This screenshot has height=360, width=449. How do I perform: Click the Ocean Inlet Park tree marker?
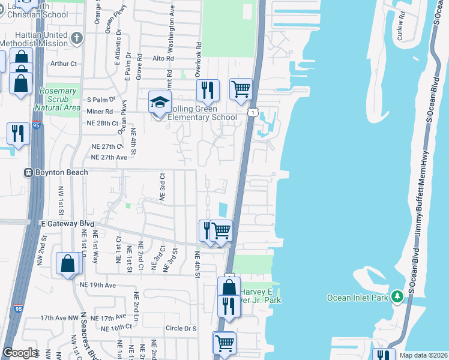click(x=396, y=296)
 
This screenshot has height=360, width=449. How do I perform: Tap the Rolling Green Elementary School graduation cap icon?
click(x=160, y=103)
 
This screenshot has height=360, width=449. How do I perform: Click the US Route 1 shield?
click(x=254, y=112)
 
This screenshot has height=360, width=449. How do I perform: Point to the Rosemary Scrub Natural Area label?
click(x=58, y=99)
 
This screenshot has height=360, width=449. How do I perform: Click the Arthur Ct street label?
click(x=64, y=63)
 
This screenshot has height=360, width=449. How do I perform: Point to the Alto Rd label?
click(x=163, y=58)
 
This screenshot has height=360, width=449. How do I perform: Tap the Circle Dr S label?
click(x=181, y=328)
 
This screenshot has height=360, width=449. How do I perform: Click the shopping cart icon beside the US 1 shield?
click(x=241, y=89)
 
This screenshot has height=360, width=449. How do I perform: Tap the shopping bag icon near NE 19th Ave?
click(x=68, y=263)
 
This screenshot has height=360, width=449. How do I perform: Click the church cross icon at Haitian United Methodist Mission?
click(x=76, y=39)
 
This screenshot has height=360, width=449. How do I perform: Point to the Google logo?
click(x=20, y=353)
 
